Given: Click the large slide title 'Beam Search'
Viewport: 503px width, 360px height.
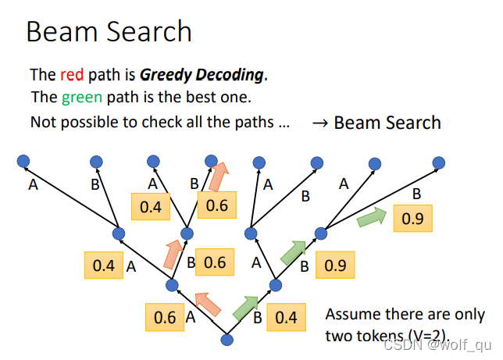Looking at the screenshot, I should (x=109, y=31).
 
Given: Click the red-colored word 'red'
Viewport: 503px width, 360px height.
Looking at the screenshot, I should (x=70, y=76).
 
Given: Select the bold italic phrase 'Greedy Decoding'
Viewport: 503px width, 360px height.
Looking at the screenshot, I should (x=202, y=76).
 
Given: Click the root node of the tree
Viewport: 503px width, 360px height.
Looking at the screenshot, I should (x=227, y=340).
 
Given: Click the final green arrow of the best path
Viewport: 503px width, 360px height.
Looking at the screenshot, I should (x=370, y=218).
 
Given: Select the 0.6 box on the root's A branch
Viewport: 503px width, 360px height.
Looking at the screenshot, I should (x=164, y=318).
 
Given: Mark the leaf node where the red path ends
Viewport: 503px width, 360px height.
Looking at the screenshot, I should (x=211, y=160).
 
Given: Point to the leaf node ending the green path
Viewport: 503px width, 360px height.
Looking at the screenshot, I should (x=439, y=163).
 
